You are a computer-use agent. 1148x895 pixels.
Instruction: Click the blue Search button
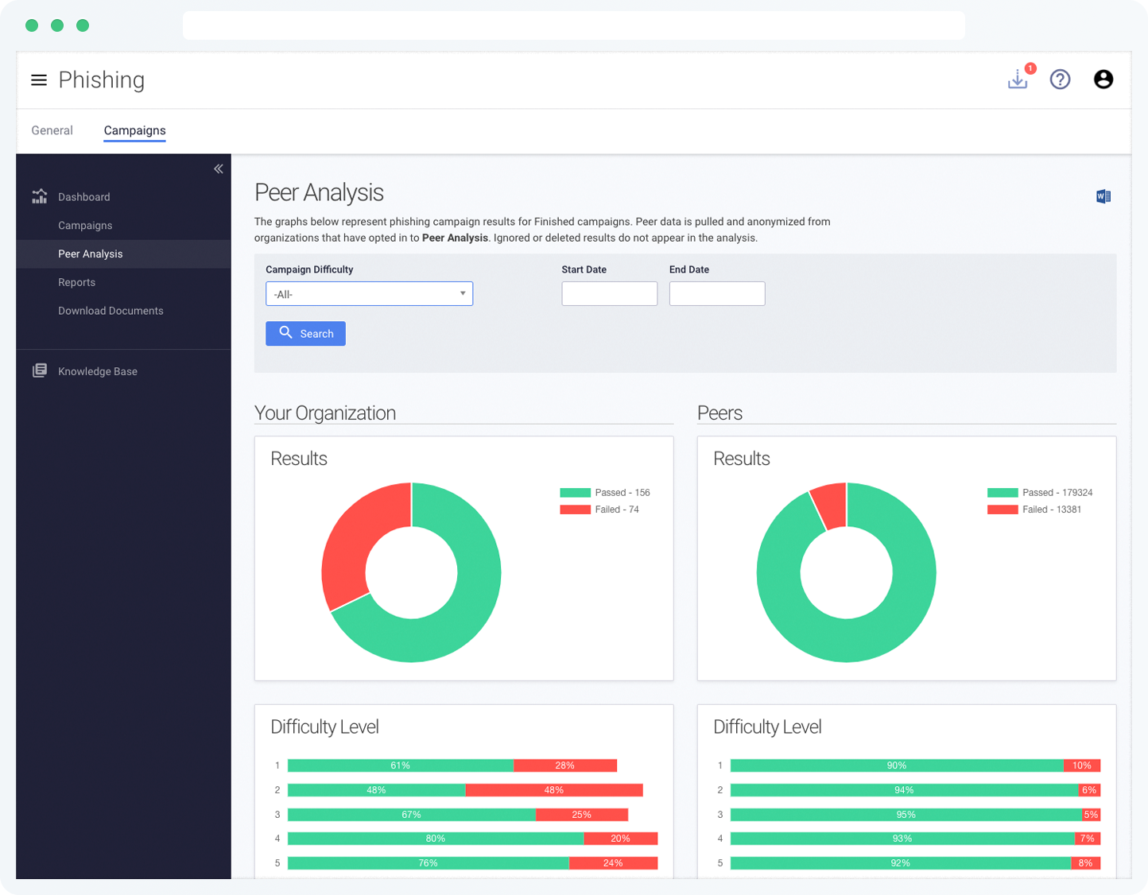[305, 334]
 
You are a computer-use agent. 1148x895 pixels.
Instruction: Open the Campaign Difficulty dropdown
[369, 294]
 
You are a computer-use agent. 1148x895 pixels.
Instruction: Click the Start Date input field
[609, 294]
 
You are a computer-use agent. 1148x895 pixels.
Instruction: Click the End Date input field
[716, 294]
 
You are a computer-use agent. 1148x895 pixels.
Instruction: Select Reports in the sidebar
[76, 282]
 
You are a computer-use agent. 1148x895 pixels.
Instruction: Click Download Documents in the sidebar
[111, 311]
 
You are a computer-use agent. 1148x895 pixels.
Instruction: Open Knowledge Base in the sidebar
[97, 371]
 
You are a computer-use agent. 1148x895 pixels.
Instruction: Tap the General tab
[52, 130]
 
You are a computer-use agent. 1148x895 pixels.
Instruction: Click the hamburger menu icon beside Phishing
[38, 80]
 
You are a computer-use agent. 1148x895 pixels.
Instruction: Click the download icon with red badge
[1018, 79]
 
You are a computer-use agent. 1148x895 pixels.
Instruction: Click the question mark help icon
[1060, 79]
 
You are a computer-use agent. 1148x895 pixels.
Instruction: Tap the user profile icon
[1103, 79]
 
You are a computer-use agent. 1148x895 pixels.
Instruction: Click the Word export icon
[1103, 196]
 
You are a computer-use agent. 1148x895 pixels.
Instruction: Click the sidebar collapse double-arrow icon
[218, 169]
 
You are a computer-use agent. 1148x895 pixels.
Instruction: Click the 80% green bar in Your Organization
[435, 839]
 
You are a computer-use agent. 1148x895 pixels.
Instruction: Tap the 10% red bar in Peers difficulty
[1081, 765]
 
